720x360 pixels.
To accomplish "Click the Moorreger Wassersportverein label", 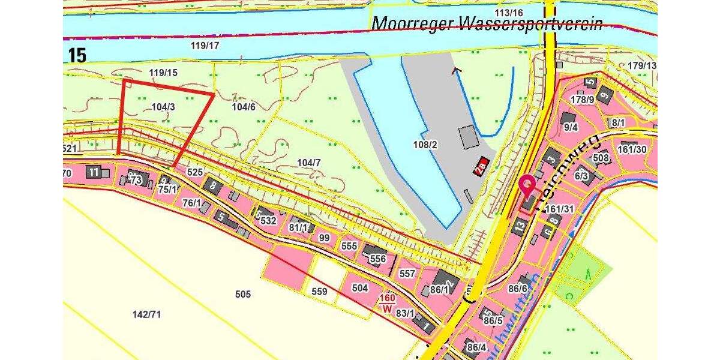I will [x=487, y=23].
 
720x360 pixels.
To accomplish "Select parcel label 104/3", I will [x=163, y=107].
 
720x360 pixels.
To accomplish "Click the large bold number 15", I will [x=77, y=55].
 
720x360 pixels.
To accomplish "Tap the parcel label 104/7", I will [x=309, y=163].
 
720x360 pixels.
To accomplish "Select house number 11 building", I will [x=94, y=172].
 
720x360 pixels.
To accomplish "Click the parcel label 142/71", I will [x=147, y=314].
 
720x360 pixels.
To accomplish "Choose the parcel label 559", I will [x=320, y=292].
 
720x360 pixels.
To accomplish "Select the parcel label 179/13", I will [x=643, y=65].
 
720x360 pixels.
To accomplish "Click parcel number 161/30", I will [x=632, y=149].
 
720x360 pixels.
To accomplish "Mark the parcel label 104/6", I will [x=244, y=107].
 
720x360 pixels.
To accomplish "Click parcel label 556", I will [x=378, y=259].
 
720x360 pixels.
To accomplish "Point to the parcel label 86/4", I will [x=476, y=347].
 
